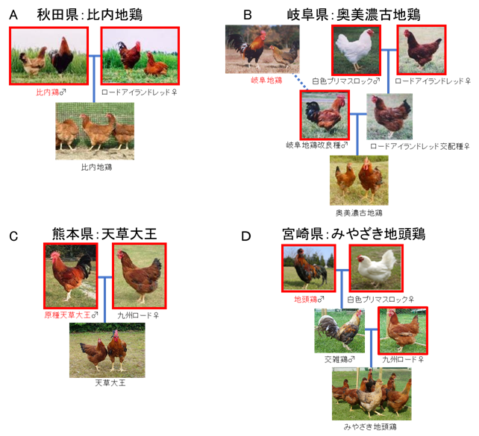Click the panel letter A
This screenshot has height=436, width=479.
tap(13, 15)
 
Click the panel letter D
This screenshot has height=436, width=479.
tap(246, 236)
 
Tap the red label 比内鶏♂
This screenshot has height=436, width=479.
tap(51, 92)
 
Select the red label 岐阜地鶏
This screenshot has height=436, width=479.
tap(266, 80)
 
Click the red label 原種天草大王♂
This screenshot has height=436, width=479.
tap(71, 315)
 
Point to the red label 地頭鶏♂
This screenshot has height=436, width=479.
tap(309, 300)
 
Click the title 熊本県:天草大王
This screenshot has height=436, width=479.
tap(104, 234)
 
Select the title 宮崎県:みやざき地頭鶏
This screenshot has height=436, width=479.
tap(354, 234)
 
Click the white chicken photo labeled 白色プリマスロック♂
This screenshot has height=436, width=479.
tap(356, 51)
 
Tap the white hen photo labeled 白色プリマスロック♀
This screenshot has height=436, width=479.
tap(376, 268)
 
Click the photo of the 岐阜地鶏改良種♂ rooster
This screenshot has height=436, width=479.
tap(325, 115)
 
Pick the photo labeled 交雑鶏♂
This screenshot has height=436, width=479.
tap(339, 331)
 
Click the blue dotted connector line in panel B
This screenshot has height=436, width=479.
tap(300, 81)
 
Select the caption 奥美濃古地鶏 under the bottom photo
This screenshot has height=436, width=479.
tap(359, 213)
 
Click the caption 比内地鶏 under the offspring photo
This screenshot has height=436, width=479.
tap(96, 167)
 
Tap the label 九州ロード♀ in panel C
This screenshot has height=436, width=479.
tap(138, 315)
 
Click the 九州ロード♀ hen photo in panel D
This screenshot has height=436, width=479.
tap(403, 331)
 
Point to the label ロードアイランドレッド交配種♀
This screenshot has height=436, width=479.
tap(420, 147)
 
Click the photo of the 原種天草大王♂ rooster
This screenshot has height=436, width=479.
tap(71, 276)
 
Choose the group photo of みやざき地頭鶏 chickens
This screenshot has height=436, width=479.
tap(372, 394)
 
